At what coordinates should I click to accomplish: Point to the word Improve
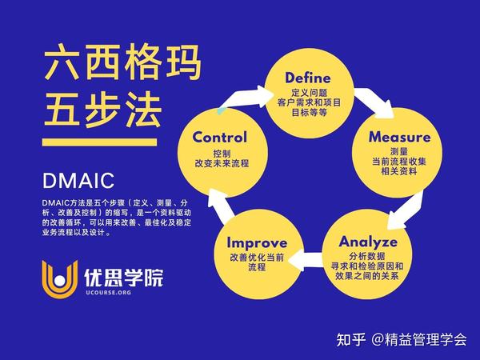coord(258,242)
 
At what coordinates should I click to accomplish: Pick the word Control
coord(219,137)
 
